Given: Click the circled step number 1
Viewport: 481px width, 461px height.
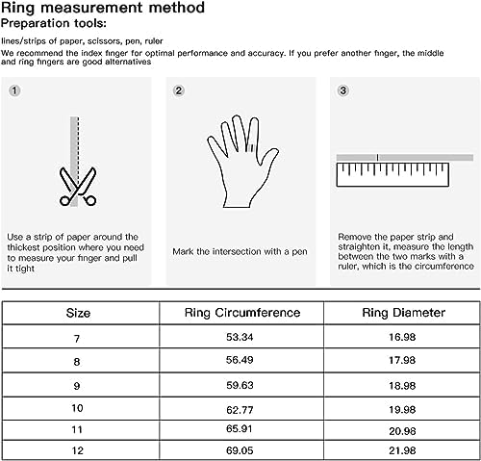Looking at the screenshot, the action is tap(14, 90).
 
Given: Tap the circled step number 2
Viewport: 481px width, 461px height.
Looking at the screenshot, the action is tap(179, 90).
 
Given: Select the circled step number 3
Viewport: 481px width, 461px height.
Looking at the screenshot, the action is tap(342, 90).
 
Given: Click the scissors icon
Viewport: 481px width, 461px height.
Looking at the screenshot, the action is tap(78, 187).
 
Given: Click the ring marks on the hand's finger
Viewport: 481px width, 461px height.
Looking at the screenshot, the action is tap(250, 147).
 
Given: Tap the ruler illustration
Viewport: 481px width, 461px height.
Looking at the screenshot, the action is tap(392, 175).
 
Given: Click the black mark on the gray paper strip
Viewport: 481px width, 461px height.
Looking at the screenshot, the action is tap(377, 157).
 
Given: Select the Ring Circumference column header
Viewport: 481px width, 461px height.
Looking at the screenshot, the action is tap(242, 313).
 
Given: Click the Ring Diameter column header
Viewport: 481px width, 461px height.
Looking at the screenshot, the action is tap(404, 313).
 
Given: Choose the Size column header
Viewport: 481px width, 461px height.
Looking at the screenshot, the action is tap(78, 313).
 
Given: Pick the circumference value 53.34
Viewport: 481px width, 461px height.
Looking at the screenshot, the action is tap(240, 337).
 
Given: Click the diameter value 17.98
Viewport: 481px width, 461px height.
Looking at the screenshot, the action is tap(402, 360).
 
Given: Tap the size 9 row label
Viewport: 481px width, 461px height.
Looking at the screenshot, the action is tap(77, 386).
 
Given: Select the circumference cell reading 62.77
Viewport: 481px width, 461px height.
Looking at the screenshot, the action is tap(240, 410).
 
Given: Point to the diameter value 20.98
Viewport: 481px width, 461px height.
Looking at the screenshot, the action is tap(402, 431).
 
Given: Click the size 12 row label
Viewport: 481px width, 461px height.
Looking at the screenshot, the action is tap(77, 450).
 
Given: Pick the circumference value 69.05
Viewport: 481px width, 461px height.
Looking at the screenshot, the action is tap(240, 450).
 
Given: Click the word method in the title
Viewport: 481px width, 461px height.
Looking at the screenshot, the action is tap(177, 8).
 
